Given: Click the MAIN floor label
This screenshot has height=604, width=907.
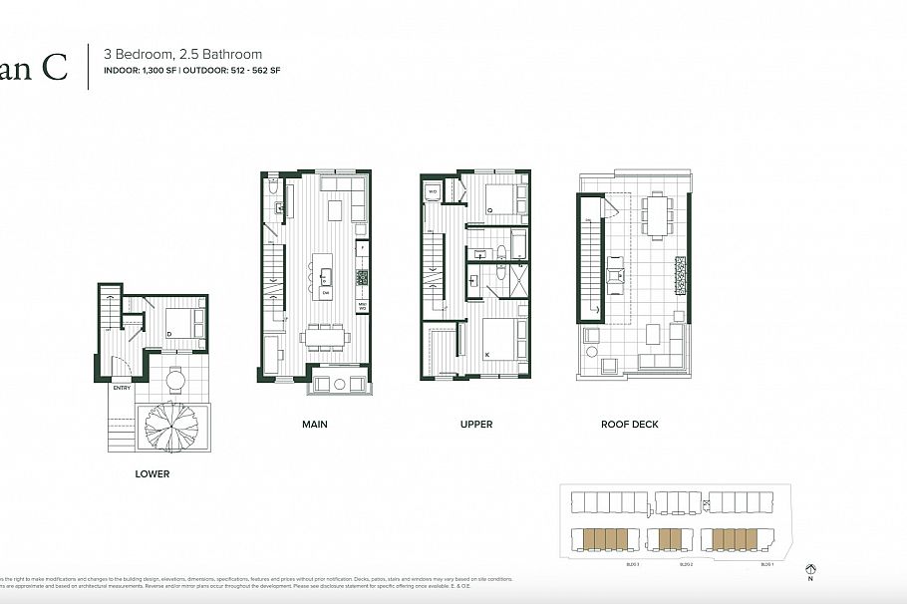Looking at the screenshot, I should tap(315, 425).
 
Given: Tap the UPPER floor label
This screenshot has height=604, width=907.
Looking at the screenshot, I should tap(476, 425).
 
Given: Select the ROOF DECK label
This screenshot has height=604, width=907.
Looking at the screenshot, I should tap(629, 425).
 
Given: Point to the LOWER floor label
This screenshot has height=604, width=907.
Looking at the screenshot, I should tap(152, 474).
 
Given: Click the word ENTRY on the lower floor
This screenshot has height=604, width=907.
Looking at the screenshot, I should tap(122, 388).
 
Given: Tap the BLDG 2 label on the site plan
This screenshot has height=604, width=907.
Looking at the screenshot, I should tap(686, 565).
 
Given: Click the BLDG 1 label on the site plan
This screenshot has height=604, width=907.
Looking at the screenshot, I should tap(766, 565).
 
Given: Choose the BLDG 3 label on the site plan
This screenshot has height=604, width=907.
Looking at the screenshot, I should tap(603, 565).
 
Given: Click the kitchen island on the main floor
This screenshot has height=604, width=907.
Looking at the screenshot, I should tap(325, 272).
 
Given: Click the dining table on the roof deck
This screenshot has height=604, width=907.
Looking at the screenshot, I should tap(656, 216).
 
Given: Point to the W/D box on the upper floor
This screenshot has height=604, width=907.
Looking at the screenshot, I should tap(435, 191).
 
